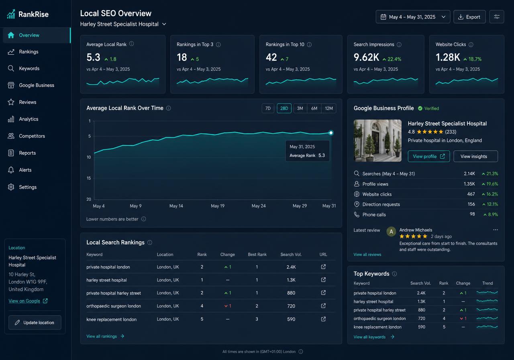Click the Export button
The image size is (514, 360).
pyautogui.click(x=469, y=17)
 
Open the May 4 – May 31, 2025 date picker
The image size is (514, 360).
pyautogui.click(x=413, y=17)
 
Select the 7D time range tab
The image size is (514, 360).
pyautogui.click(x=268, y=108)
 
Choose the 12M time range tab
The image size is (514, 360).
pyautogui.click(x=328, y=108)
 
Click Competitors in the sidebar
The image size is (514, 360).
pyautogui.click(x=32, y=136)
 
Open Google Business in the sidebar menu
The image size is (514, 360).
pyautogui.click(x=37, y=85)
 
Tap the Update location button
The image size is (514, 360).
pyautogui.click(x=35, y=322)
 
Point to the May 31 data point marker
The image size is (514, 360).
pyautogui.click(x=331, y=133)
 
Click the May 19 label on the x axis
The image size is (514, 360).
pyautogui.click(x=218, y=206)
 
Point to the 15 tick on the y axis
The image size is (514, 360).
pyautogui.click(x=89, y=178)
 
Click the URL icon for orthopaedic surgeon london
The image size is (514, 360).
pyautogui.click(x=323, y=306)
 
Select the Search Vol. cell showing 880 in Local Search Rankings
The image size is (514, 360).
pyautogui.click(x=291, y=293)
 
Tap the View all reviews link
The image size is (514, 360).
pyautogui.click(x=367, y=254)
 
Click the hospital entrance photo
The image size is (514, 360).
pyautogui.click(x=377, y=141)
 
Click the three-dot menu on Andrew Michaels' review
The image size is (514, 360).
pyautogui.click(x=496, y=230)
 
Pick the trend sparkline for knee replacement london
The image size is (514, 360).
pyautogui.click(x=487, y=327)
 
